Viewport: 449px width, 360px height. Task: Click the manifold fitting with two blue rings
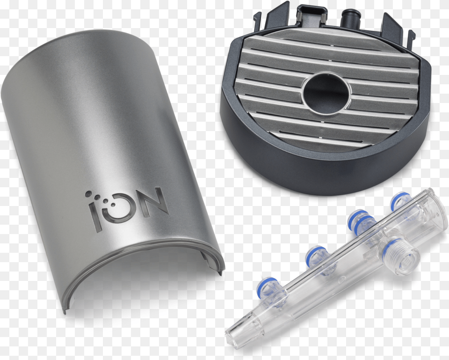coord(360,222)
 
